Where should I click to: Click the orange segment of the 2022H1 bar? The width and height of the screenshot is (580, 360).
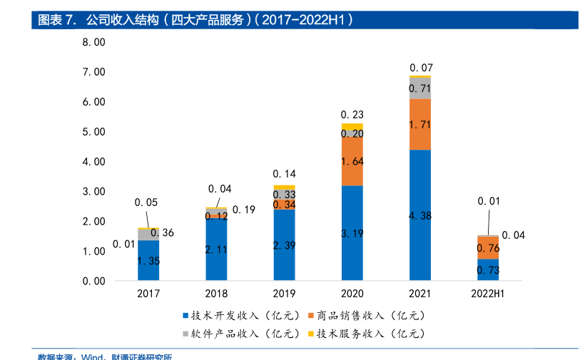488,247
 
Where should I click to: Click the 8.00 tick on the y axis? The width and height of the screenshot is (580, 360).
93,42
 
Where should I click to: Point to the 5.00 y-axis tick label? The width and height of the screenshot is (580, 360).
93,132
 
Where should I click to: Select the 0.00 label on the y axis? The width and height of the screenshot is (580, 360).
93,281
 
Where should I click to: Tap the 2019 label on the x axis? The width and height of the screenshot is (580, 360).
284,294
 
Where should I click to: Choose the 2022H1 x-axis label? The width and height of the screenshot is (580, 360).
488,294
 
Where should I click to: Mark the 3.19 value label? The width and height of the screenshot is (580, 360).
352,233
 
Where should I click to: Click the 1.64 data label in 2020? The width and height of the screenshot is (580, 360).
352,161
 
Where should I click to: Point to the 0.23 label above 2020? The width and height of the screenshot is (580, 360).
352,114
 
